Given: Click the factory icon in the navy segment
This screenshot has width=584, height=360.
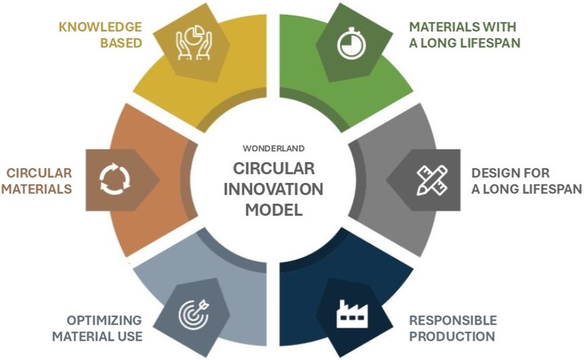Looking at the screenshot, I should [351, 313].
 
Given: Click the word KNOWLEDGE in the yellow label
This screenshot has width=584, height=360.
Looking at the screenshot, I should [100, 27].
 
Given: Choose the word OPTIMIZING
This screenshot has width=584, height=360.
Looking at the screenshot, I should [104, 320].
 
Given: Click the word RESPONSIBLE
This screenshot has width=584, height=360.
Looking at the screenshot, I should [453, 320].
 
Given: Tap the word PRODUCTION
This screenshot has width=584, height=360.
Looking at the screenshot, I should [452, 336].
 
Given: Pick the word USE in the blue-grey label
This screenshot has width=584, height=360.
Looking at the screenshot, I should [130, 336].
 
